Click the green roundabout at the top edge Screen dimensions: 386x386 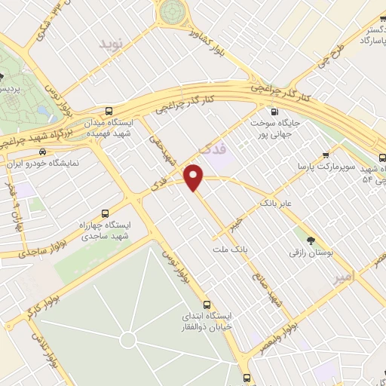tap(172, 11)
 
